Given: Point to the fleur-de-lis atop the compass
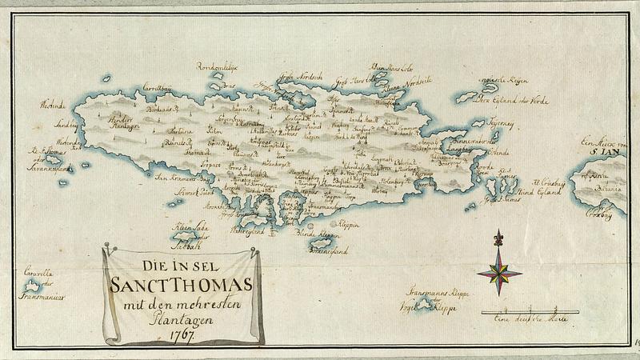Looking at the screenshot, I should click(499, 238).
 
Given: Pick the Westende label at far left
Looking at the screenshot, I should click(52, 106).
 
